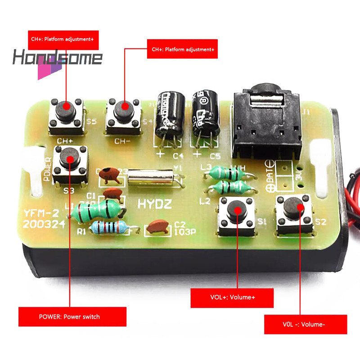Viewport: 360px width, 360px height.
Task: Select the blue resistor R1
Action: (108, 228)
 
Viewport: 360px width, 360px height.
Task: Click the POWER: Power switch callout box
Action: (72, 316)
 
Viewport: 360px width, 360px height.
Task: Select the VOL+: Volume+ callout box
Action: (232, 297)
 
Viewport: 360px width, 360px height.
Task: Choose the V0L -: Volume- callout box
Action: (305, 324)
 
